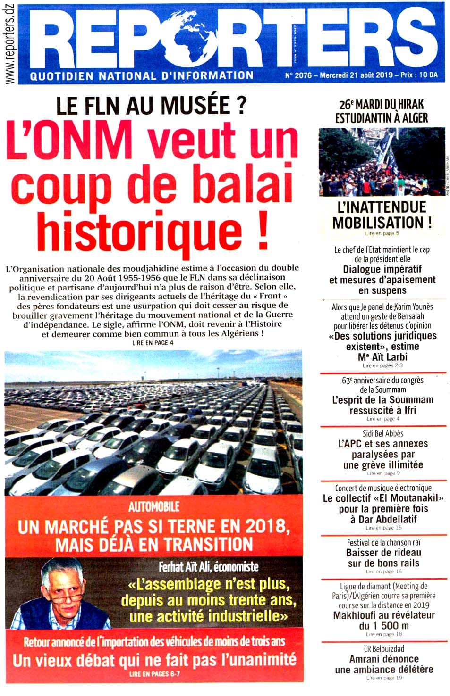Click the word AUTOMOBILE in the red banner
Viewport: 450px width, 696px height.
tap(154, 506)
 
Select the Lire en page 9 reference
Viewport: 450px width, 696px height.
tap(383, 473)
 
